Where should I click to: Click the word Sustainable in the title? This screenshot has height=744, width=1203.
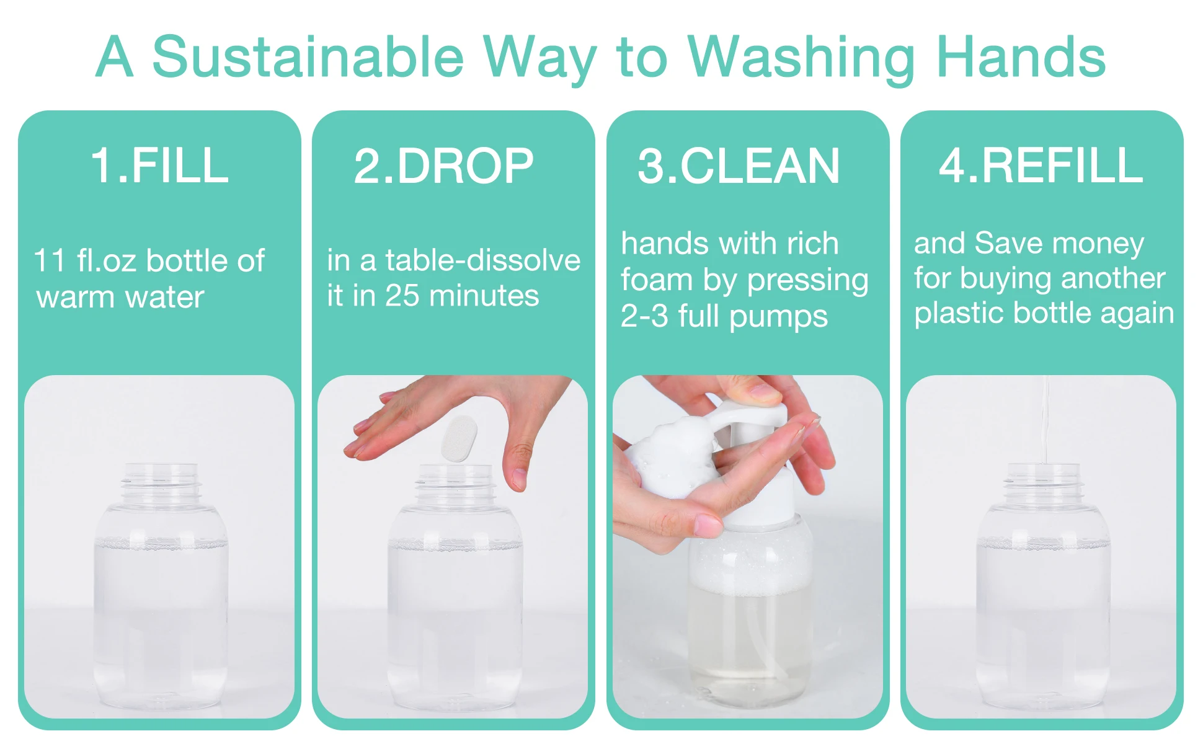pos(308,57)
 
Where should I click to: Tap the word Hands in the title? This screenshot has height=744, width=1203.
pos(1021,57)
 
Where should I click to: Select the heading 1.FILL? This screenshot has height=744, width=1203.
pos(159,166)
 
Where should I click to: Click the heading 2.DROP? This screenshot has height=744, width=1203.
pos(443,166)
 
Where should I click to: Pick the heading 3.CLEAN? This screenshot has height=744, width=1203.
pos(738,166)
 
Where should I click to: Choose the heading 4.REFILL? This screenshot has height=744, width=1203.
pos(1041,166)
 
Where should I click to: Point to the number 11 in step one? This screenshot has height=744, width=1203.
pos(50,260)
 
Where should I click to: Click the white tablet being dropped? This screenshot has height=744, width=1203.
pos(459,438)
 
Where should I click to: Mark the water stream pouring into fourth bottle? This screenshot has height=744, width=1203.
pos(1045,422)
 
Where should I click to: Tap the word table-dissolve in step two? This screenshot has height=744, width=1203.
pos(482,260)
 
